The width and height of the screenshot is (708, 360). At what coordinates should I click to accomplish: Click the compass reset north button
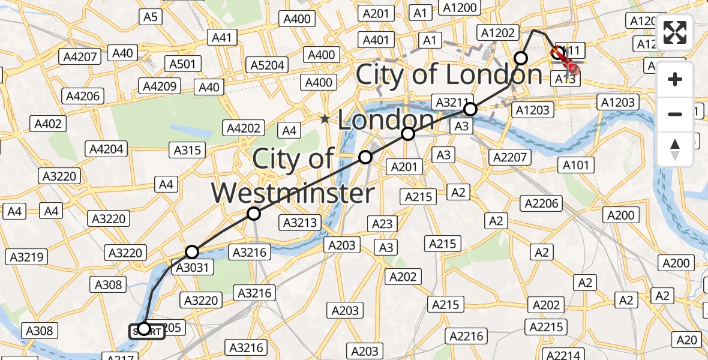(x=675, y=149)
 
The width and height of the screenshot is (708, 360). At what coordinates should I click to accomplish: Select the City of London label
(x=449, y=74)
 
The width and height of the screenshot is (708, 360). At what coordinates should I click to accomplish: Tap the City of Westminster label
(x=293, y=176)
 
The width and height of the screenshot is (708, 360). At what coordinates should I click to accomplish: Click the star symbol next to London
(x=325, y=119)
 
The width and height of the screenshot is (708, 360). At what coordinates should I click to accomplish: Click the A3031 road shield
(x=193, y=267)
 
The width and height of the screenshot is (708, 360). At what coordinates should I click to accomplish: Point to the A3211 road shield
(x=454, y=103)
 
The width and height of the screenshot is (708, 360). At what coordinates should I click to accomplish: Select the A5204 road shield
(x=268, y=65)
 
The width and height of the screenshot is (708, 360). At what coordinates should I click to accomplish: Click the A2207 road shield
(x=509, y=157)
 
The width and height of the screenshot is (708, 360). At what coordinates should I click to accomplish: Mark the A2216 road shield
(x=467, y=335)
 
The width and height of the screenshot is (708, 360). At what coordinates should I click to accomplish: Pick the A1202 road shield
(x=498, y=32)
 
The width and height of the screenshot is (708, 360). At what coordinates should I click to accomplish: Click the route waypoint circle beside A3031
(x=192, y=252)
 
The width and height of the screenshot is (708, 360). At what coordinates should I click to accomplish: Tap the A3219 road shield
(x=26, y=257)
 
